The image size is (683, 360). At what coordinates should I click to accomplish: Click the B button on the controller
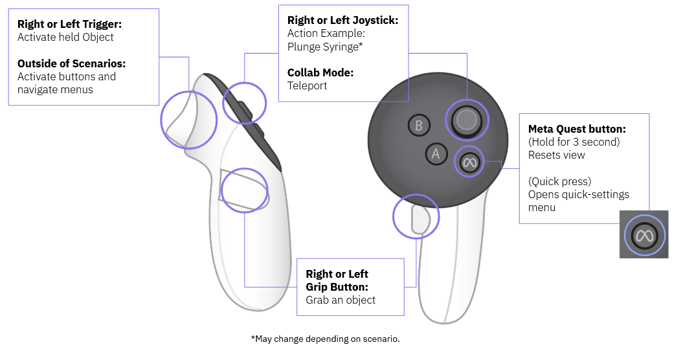click(x=419, y=125)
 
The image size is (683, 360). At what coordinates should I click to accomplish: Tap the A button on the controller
click(x=436, y=153)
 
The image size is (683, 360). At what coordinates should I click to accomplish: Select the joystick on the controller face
click(x=466, y=119)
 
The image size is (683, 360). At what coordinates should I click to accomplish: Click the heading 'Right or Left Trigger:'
click(x=69, y=24)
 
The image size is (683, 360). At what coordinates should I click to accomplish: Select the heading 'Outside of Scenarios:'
click(x=71, y=63)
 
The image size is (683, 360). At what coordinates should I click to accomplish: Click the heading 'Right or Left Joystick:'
click(x=342, y=21)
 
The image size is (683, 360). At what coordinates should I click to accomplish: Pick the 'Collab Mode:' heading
click(x=320, y=73)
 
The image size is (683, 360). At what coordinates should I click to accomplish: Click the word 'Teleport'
click(x=307, y=85)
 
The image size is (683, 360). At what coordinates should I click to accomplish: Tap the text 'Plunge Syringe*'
click(x=324, y=47)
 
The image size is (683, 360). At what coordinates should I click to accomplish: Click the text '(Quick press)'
click(x=559, y=181)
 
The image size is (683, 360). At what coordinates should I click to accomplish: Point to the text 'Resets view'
click(x=556, y=155)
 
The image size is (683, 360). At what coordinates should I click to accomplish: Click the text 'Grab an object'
click(x=341, y=300)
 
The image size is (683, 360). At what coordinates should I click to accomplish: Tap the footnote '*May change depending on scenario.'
click(x=325, y=339)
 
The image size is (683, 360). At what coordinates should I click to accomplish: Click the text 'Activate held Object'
click(x=65, y=37)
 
